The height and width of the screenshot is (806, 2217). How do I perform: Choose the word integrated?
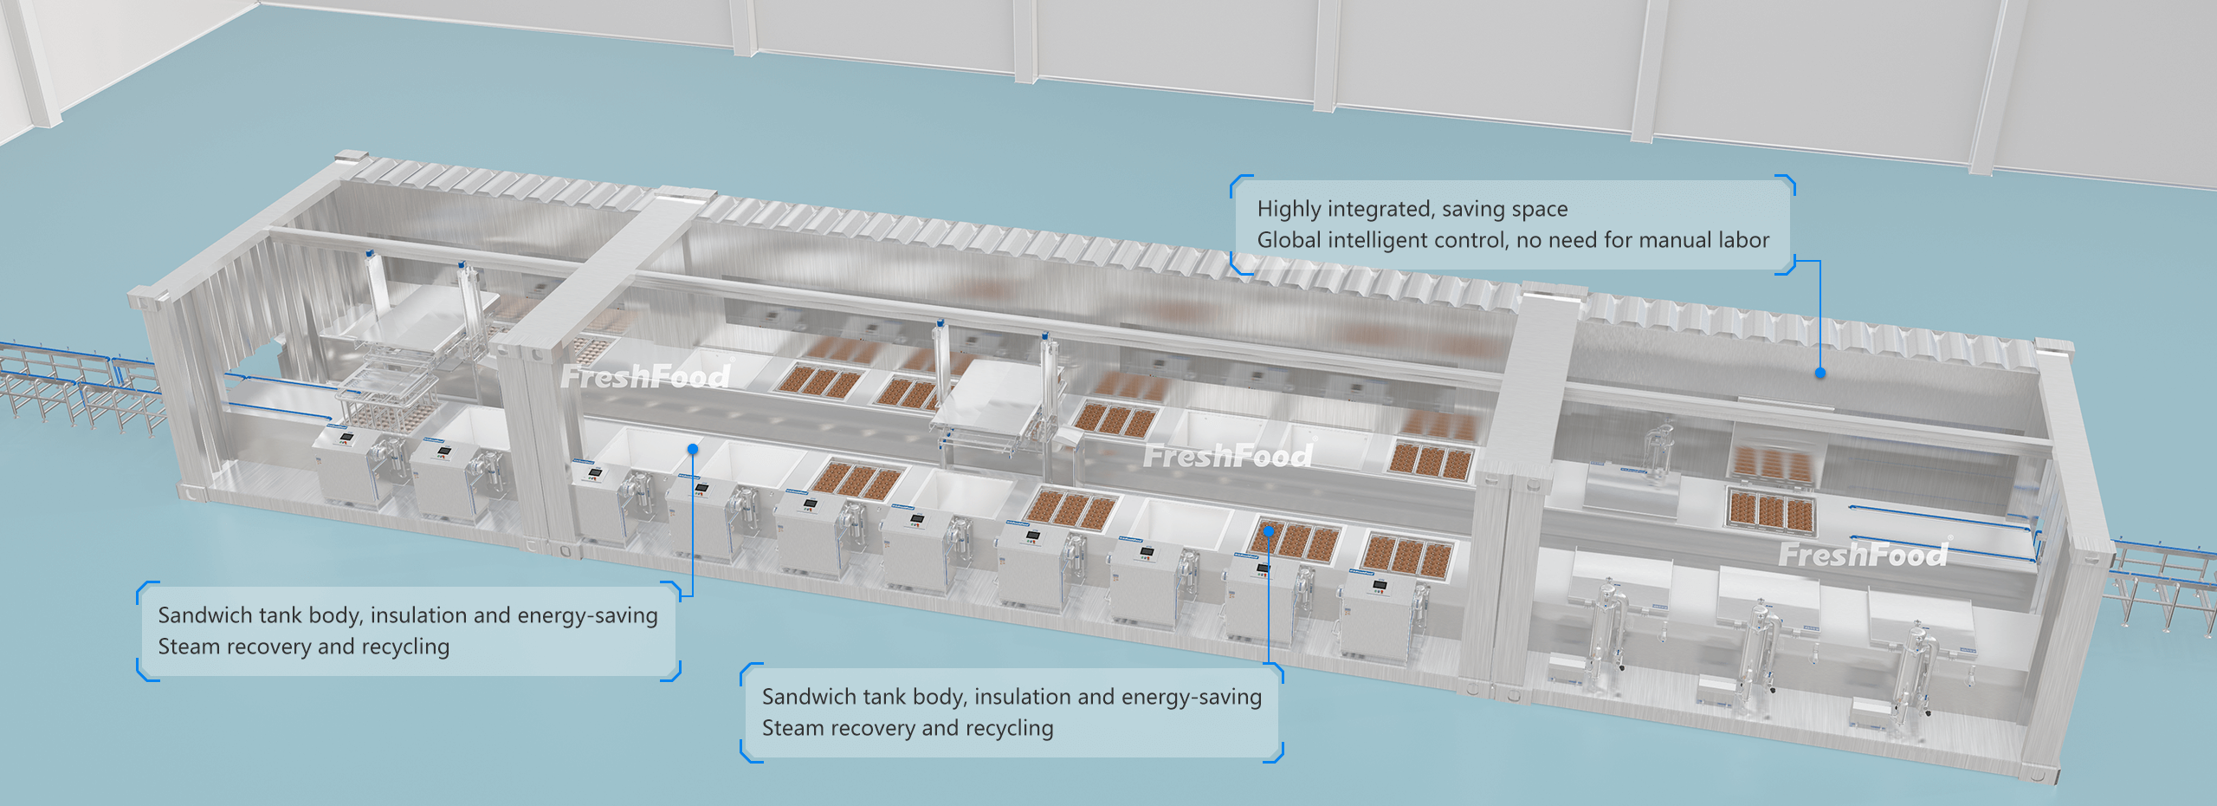1378,209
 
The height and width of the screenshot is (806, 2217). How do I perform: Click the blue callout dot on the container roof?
1820,373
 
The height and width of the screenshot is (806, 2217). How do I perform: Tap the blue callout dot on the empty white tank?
693,448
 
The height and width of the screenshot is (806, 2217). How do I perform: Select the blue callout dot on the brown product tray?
1268,530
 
